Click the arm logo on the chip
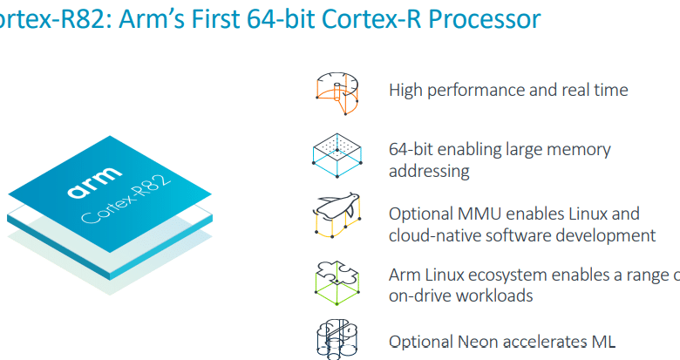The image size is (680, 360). point(94,182)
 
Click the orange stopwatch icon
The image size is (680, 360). point(337,93)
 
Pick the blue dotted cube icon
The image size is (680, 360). point(337,155)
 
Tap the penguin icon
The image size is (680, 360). point(337,215)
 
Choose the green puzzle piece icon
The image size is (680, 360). point(337,282)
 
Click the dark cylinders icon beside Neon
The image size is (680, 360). point(337,340)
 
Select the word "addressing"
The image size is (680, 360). point(429,172)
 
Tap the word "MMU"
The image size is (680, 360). point(479,214)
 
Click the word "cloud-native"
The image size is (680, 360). point(428,235)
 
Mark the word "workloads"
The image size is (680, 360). point(494,295)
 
